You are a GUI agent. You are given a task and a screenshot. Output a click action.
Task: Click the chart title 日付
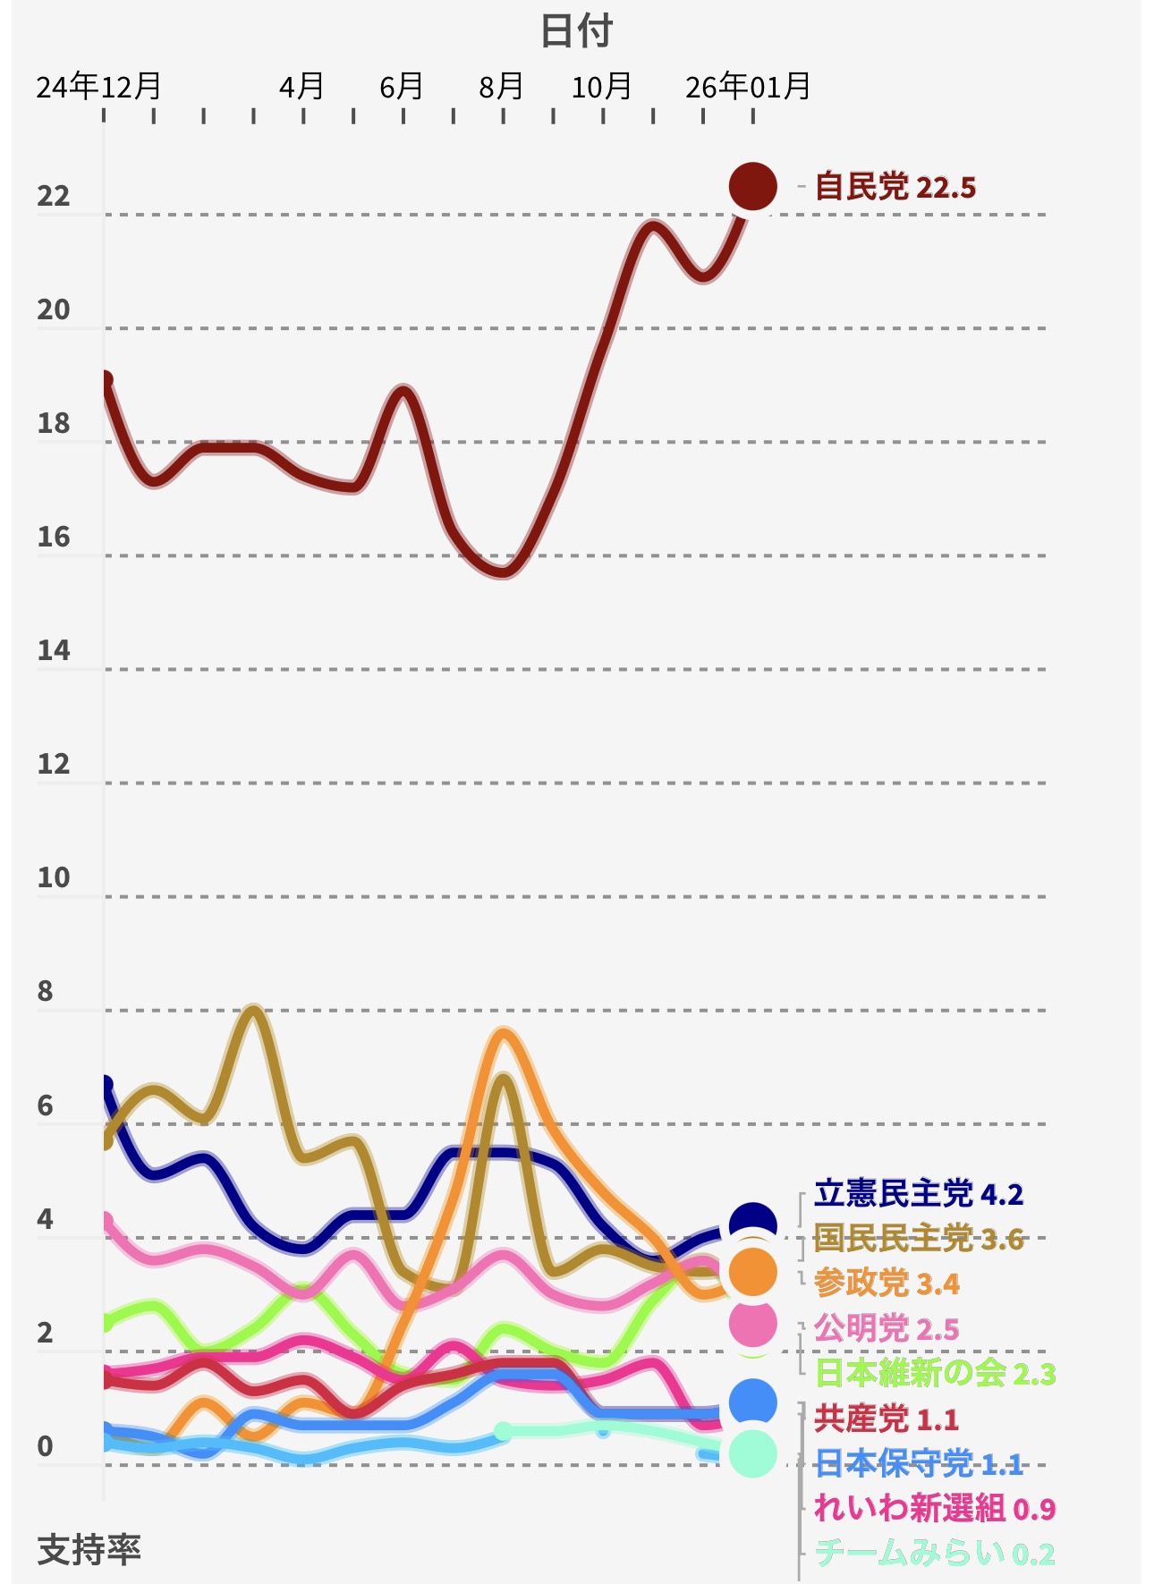[x=576, y=31]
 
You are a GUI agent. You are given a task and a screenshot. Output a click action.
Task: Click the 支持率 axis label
[x=89, y=1548]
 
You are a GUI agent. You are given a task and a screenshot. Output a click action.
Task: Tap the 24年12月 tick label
[x=98, y=87]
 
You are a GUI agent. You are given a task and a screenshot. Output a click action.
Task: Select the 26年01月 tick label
[x=748, y=87]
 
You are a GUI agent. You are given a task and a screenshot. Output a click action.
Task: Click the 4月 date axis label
[x=301, y=87]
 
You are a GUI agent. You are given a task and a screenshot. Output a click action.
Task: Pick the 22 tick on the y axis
[x=54, y=196]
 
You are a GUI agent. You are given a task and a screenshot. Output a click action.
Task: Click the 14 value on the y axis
[x=54, y=650]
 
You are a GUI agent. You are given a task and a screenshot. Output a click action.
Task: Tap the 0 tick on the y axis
[x=45, y=1445]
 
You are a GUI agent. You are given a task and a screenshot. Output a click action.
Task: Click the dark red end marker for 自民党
[x=752, y=187]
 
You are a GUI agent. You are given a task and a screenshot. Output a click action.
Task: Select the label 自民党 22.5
[x=895, y=188]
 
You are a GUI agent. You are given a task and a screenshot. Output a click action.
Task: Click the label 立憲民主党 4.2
[x=919, y=1194]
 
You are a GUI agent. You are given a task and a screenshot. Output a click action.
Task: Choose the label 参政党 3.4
[x=887, y=1283]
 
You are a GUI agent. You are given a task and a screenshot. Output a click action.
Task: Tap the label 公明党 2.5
[x=887, y=1328]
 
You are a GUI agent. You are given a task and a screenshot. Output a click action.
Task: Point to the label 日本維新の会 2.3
[x=936, y=1373]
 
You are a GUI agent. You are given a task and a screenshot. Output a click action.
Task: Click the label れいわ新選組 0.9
[x=936, y=1509]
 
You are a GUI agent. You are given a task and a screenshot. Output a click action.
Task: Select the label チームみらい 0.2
[x=936, y=1554]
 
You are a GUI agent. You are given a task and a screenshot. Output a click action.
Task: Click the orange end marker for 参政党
[x=752, y=1273]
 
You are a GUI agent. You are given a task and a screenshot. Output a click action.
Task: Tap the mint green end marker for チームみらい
[x=752, y=1453]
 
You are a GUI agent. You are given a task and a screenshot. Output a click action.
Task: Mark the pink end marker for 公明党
[x=752, y=1324]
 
